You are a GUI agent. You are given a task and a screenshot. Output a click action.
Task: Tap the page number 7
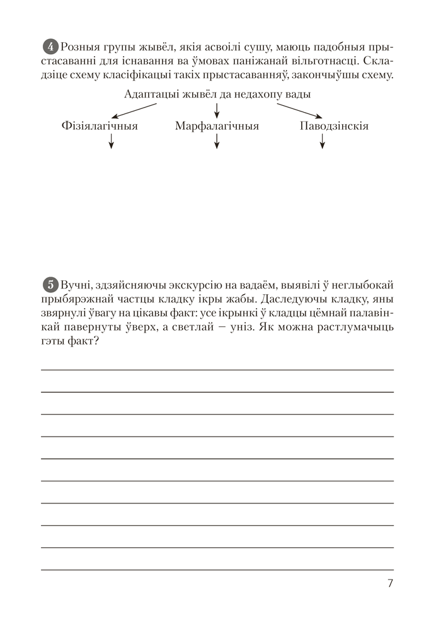coord(391,583)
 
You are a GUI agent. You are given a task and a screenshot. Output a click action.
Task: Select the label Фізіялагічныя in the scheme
coord(100,126)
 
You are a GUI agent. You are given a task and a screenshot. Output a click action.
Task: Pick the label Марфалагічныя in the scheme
coord(217,126)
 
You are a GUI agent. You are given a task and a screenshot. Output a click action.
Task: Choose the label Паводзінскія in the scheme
coord(334,126)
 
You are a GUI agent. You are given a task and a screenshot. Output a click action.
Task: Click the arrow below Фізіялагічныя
coord(111,143)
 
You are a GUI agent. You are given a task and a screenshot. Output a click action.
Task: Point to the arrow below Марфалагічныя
coord(217,143)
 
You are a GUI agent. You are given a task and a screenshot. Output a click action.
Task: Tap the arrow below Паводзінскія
coord(323,143)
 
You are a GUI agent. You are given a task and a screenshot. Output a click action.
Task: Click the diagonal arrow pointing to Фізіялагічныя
coord(136,110)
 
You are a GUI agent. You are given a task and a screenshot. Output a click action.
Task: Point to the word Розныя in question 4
coord(79,47)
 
